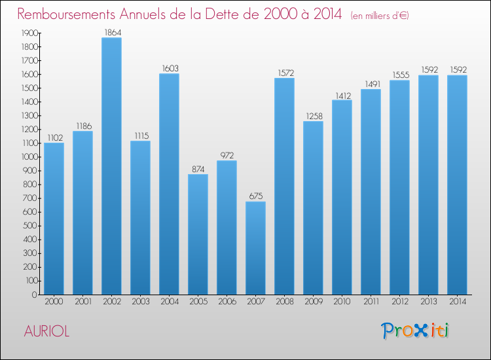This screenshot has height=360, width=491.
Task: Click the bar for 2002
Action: [x=111, y=166]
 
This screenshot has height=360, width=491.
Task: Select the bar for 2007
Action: [x=255, y=248]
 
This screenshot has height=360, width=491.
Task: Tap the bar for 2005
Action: [x=198, y=234]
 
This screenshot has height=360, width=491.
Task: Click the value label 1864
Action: [x=111, y=32]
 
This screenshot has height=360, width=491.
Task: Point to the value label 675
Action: [x=255, y=196]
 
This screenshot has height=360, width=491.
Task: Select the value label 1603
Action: [x=169, y=68]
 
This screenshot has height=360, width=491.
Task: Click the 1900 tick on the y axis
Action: [x=28, y=33]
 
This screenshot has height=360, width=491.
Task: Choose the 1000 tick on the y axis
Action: [x=28, y=157]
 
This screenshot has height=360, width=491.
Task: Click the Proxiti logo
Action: [x=414, y=331]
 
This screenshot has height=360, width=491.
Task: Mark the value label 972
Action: [x=227, y=155]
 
